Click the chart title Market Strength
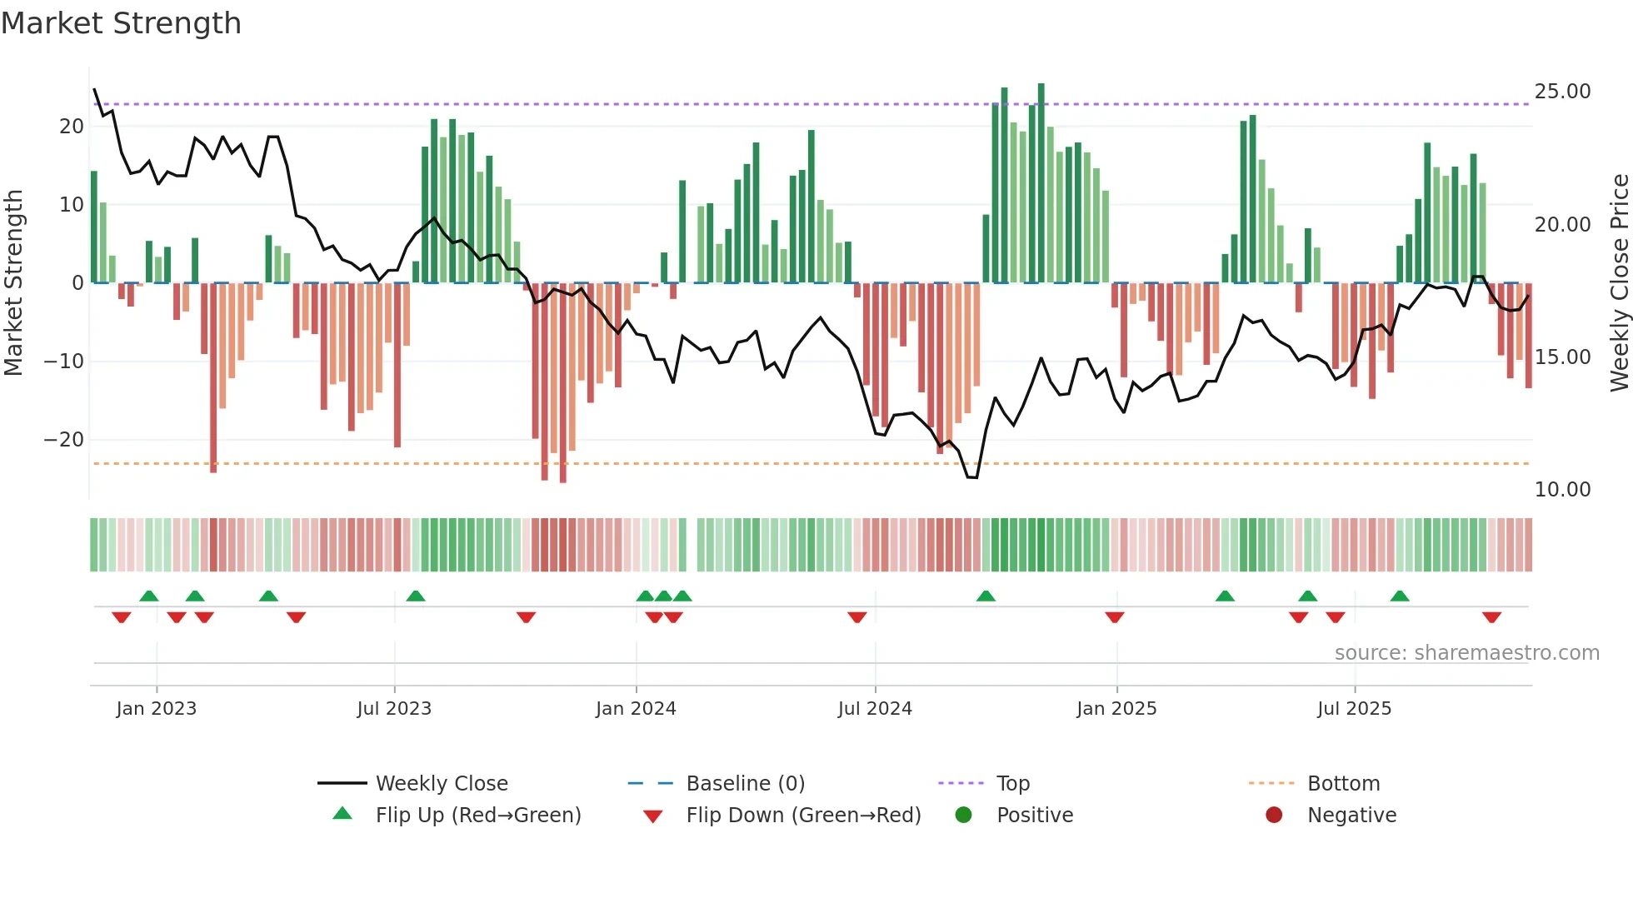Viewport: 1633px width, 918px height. [x=121, y=23]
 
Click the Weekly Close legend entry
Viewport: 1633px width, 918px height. [x=441, y=784]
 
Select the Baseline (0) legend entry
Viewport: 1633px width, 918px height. [x=745, y=784]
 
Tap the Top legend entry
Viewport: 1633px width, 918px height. [x=1012, y=784]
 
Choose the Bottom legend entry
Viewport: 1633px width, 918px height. [x=1343, y=784]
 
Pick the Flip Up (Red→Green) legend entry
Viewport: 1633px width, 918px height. [x=477, y=816]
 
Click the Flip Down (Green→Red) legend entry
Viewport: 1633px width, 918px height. [x=803, y=816]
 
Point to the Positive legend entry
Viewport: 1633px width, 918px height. [x=1034, y=816]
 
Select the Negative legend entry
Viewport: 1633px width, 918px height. [x=1351, y=816]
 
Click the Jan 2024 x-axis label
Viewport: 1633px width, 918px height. [x=636, y=709]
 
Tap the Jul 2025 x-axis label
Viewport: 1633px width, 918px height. [x=1354, y=709]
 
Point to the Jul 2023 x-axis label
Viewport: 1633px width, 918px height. [x=394, y=709]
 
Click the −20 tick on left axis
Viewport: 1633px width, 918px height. [x=64, y=440]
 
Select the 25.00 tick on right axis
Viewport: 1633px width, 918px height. [x=1562, y=92]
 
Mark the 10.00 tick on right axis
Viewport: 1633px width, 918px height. [x=1562, y=490]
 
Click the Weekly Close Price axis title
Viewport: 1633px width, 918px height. [x=1619, y=283]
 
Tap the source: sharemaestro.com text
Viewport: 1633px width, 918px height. [x=1466, y=653]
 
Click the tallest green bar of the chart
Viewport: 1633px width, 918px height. [x=1041, y=183]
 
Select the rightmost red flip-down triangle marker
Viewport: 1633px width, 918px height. [x=1491, y=617]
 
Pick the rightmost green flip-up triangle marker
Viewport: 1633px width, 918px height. [x=1400, y=596]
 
